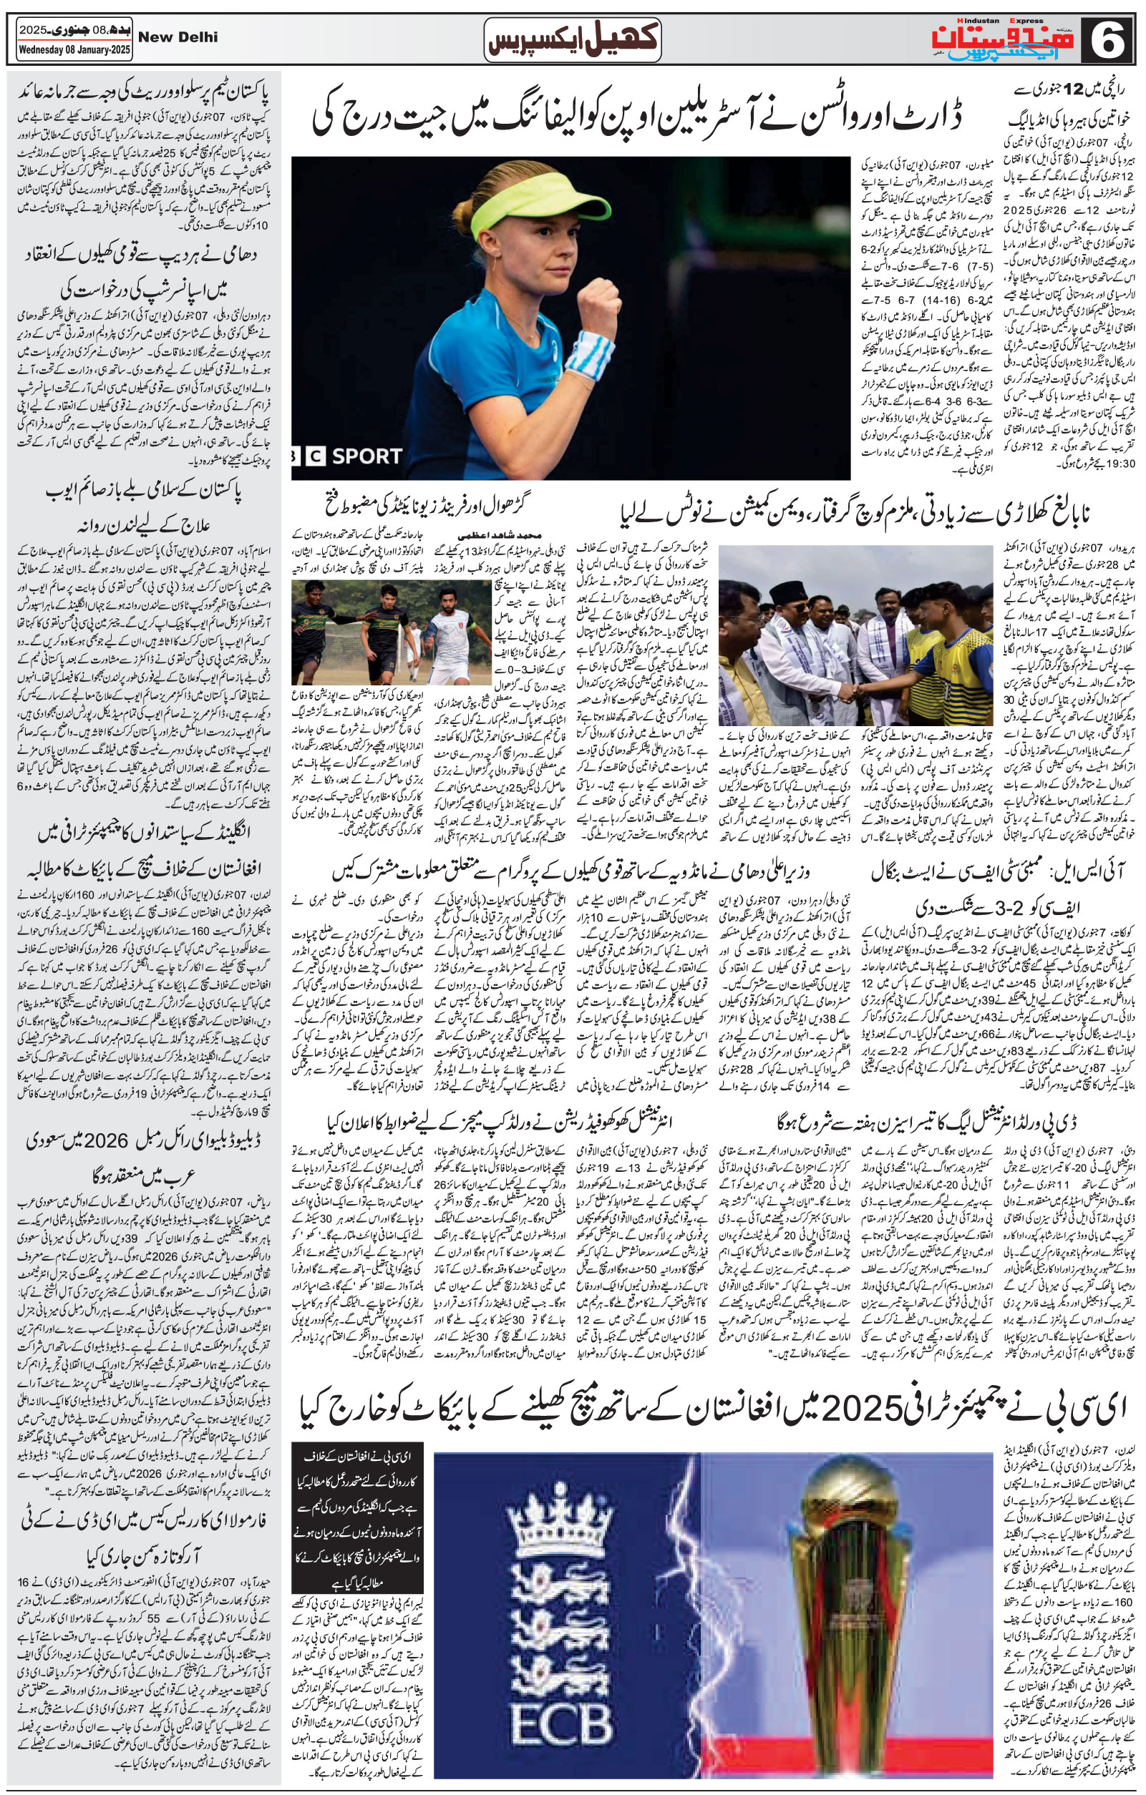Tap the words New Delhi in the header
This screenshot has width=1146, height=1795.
coord(179,36)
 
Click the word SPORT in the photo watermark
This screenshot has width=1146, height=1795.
coord(366,456)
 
